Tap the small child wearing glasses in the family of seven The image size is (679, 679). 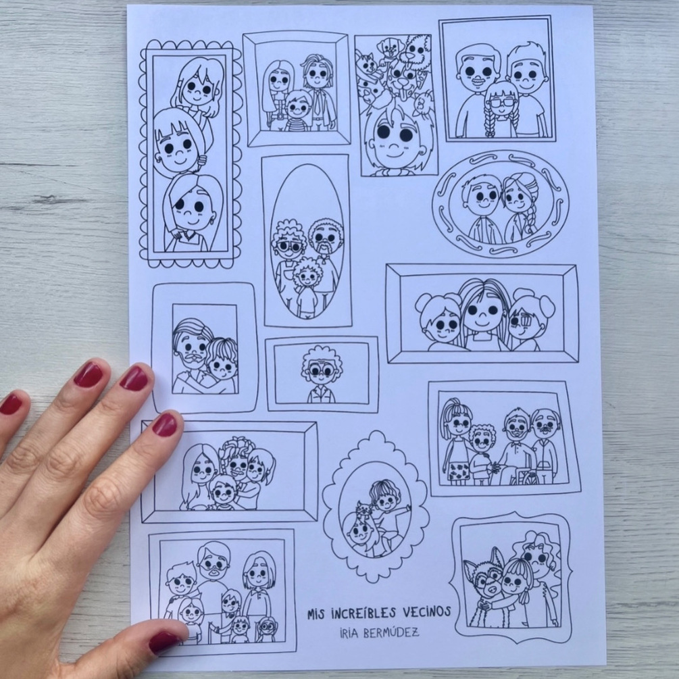265,630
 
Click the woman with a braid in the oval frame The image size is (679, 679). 520,208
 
